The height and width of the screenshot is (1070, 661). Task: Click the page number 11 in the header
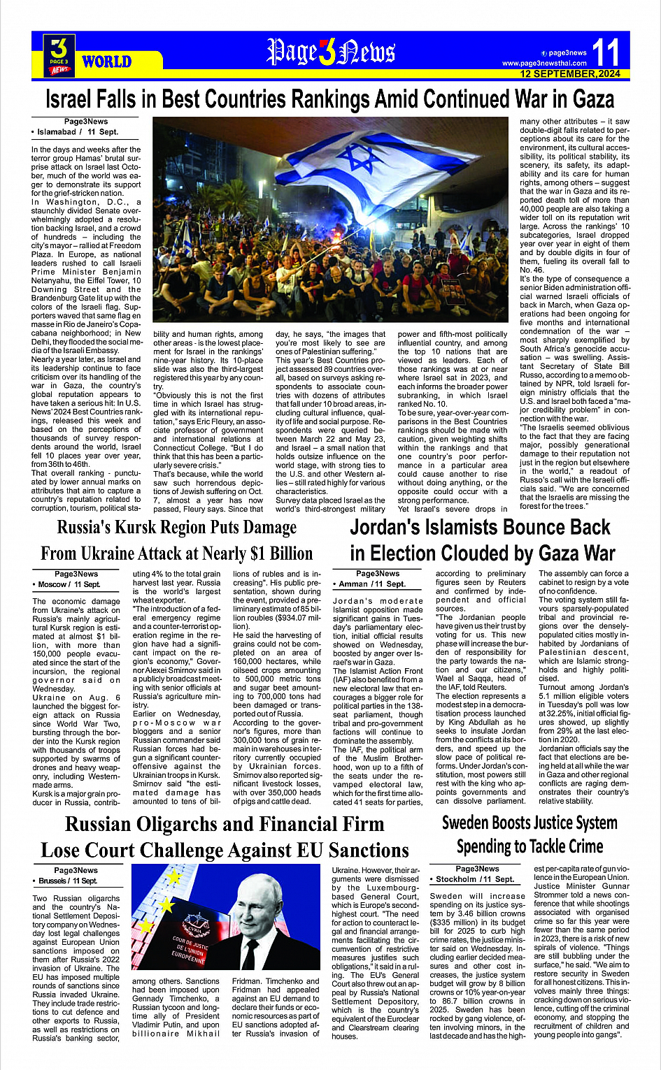point(606,52)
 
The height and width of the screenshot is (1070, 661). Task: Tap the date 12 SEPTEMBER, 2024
point(569,73)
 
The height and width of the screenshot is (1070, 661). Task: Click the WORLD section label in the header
point(106,62)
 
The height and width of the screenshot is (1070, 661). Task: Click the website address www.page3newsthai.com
point(544,64)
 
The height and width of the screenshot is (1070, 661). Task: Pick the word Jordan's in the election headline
point(395,527)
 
